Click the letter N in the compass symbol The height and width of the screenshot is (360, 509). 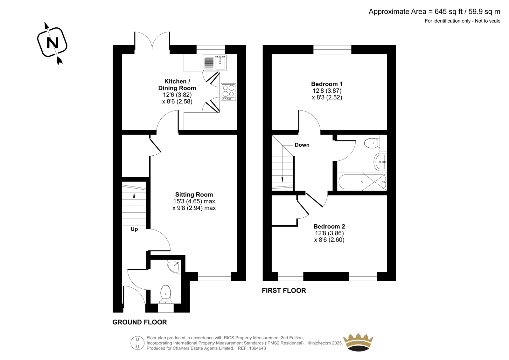pos(52,43)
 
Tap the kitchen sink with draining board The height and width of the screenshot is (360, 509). pos(215,62)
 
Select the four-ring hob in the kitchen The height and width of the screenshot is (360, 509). pos(228,92)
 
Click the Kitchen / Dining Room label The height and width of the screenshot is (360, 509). pos(177,85)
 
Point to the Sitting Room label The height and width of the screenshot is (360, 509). pos(194,194)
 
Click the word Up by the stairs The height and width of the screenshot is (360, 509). pos(134,229)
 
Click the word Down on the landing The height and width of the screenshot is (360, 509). pos(302,145)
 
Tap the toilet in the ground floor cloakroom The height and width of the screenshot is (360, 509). pos(166,294)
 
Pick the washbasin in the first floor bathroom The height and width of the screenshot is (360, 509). pos(380,162)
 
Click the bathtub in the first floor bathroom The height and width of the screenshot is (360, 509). pos(362,182)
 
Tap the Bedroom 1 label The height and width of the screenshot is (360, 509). pos(327,84)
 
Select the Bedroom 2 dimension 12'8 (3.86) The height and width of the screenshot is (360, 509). pos(329,233)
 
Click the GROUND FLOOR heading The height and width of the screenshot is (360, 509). pos(140,322)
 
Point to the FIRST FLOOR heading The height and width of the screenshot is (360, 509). pos(284,290)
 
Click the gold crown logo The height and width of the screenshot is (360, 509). pos(358,342)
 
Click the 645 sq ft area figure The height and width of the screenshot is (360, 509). pos(449,11)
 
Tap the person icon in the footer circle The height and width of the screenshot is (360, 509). pos(137,343)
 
